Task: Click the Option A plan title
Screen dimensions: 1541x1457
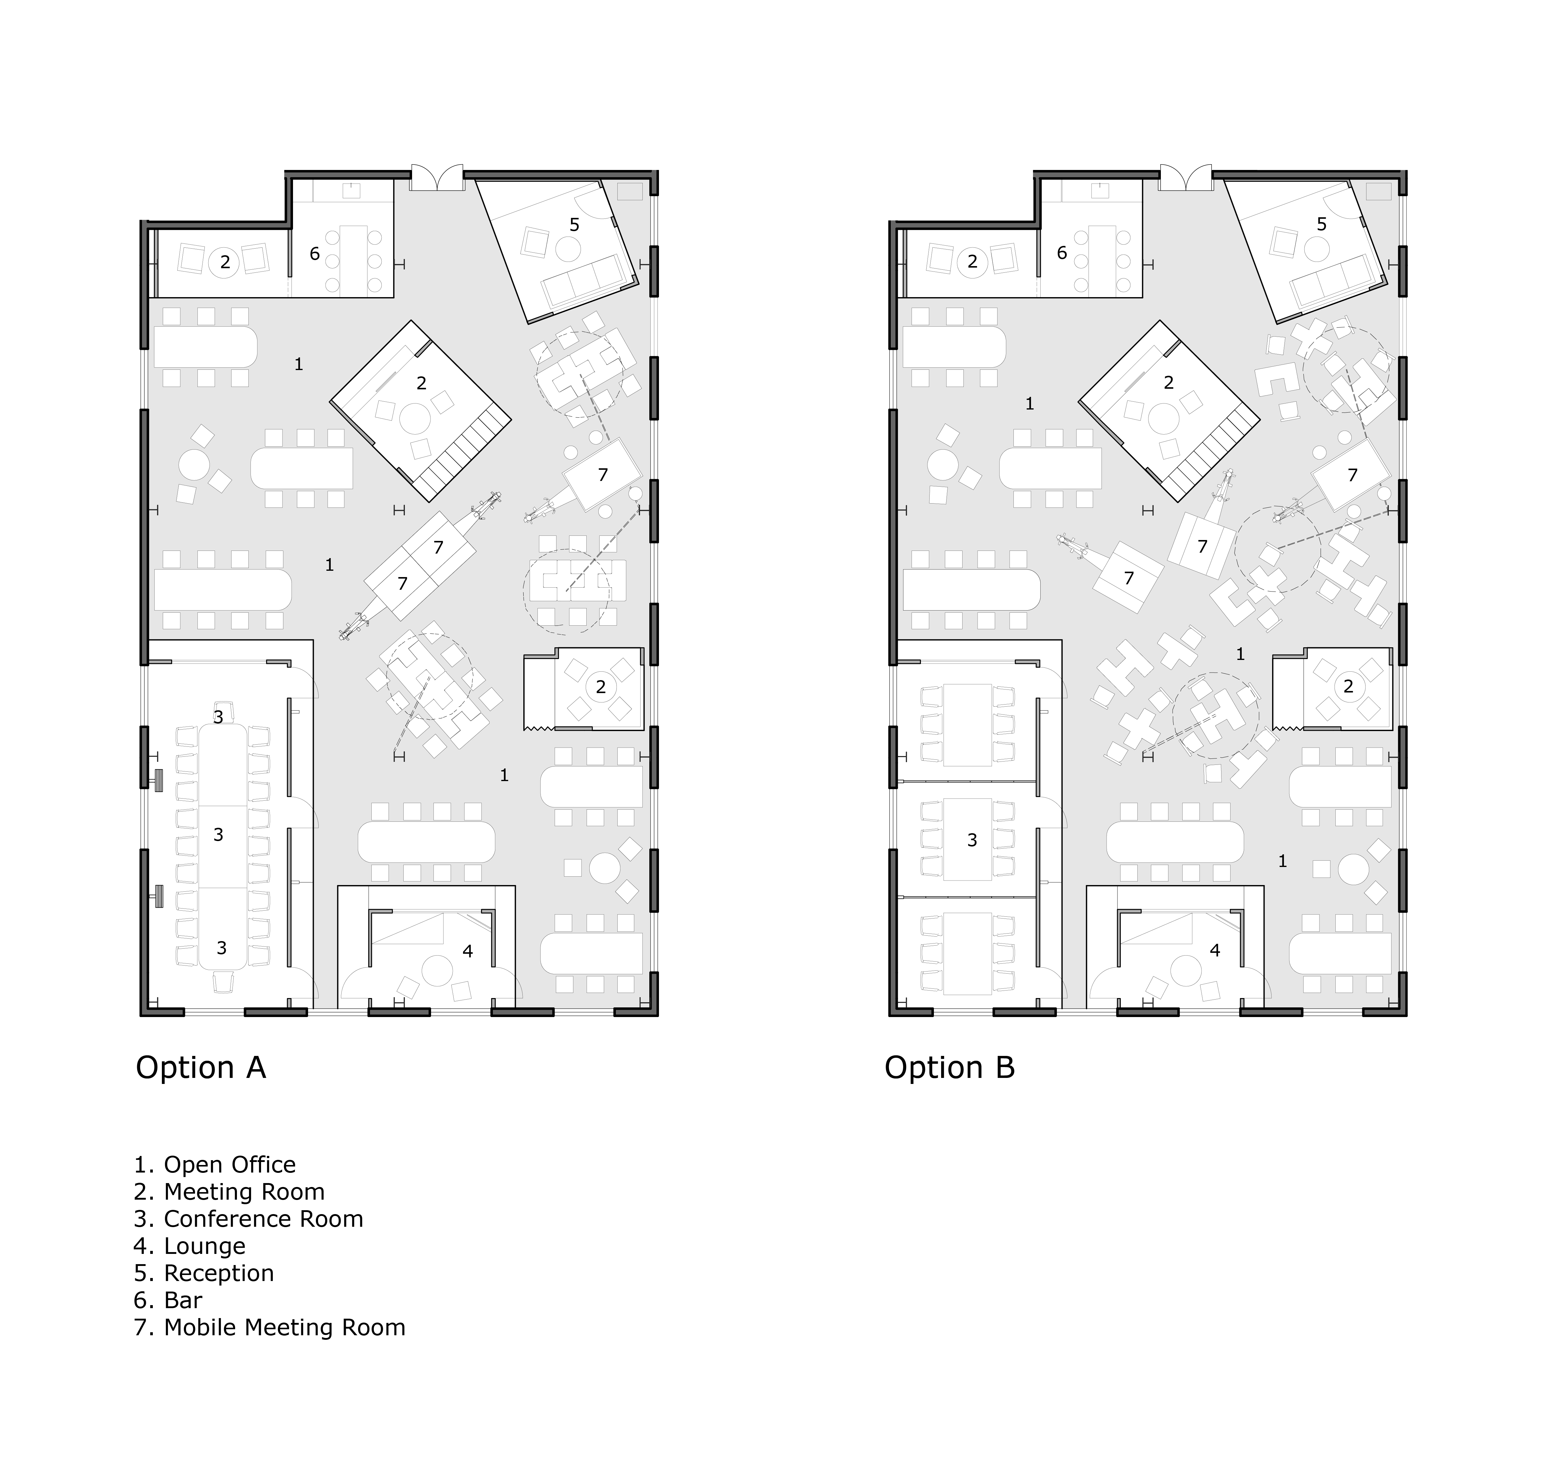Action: pyautogui.click(x=201, y=1068)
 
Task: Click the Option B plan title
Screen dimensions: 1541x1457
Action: pyautogui.click(x=950, y=1068)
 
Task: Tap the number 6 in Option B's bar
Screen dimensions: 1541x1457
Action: pyautogui.click(x=1062, y=253)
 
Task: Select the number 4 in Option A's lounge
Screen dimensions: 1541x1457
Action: pyautogui.click(x=468, y=951)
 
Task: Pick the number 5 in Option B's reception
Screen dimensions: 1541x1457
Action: pyautogui.click(x=1322, y=225)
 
